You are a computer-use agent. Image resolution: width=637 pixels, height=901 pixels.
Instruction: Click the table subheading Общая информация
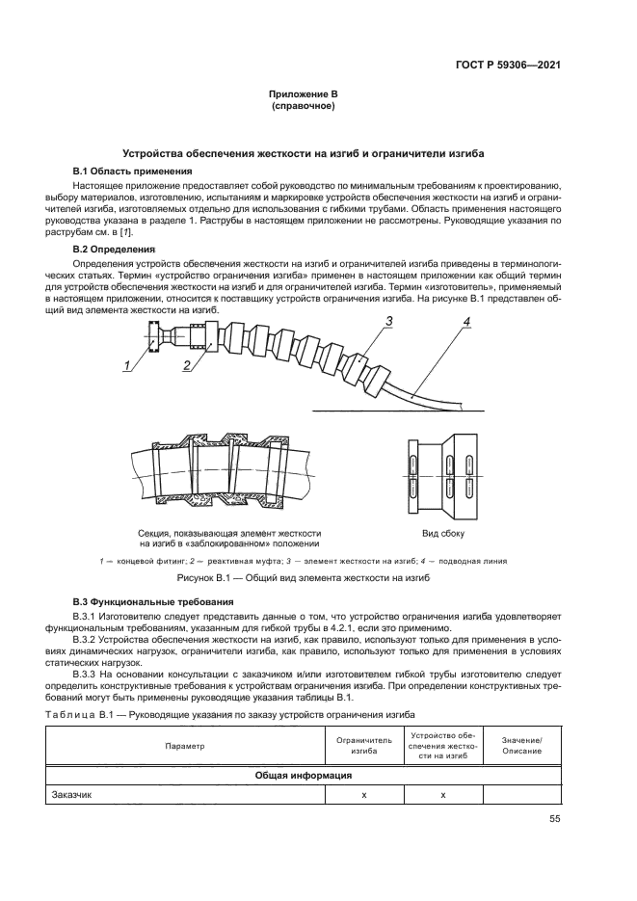point(303,775)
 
